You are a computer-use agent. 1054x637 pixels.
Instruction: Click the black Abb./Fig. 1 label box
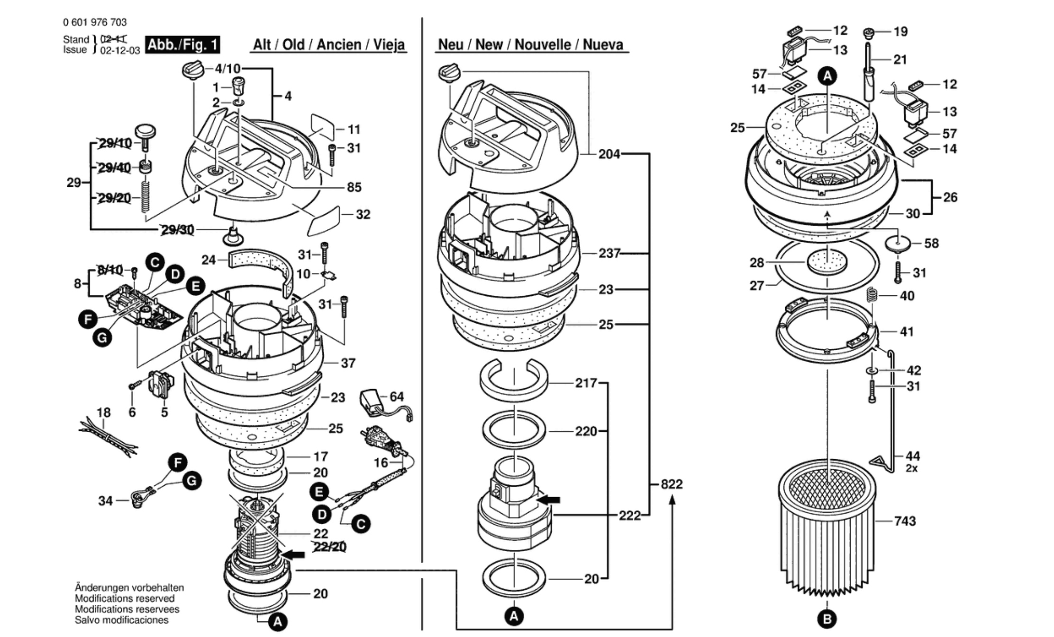coord(182,45)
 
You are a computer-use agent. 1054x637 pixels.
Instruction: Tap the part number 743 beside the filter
coord(905,521)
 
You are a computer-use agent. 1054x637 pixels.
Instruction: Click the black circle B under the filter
coord(827,619)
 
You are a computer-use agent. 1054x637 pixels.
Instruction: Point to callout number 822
coord(672,484)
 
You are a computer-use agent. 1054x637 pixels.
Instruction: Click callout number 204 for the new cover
coord(609,154)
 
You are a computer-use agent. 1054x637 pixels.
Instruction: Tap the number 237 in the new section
coord(609,254)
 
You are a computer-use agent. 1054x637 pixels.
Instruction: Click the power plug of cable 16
coord(379,438)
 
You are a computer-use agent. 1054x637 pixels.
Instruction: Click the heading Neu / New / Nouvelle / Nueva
coord(530,45)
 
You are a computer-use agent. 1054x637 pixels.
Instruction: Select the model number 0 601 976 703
coord(95,22)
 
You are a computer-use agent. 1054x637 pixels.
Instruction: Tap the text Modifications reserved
coord(125,599)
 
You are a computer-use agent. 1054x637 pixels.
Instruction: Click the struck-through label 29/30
coord(178,230)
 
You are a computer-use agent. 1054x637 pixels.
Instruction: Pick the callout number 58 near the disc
coord(931,244)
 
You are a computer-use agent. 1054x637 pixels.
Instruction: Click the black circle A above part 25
coord(827,76)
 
